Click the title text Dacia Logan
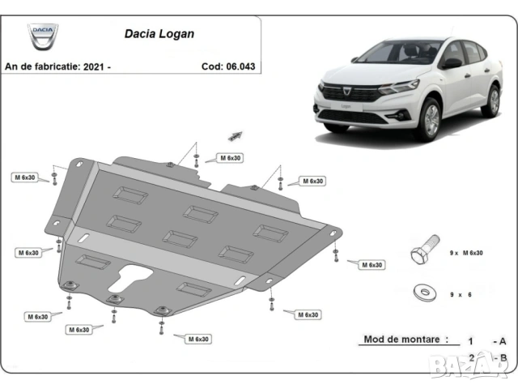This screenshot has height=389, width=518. point(159,35)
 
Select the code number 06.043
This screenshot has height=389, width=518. point(240,66)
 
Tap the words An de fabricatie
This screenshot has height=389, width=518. point(42,66)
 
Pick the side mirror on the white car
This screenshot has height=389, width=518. point(450,63)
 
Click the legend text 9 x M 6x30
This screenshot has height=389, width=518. point(467,253)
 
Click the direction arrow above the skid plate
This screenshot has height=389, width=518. point(236,135)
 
